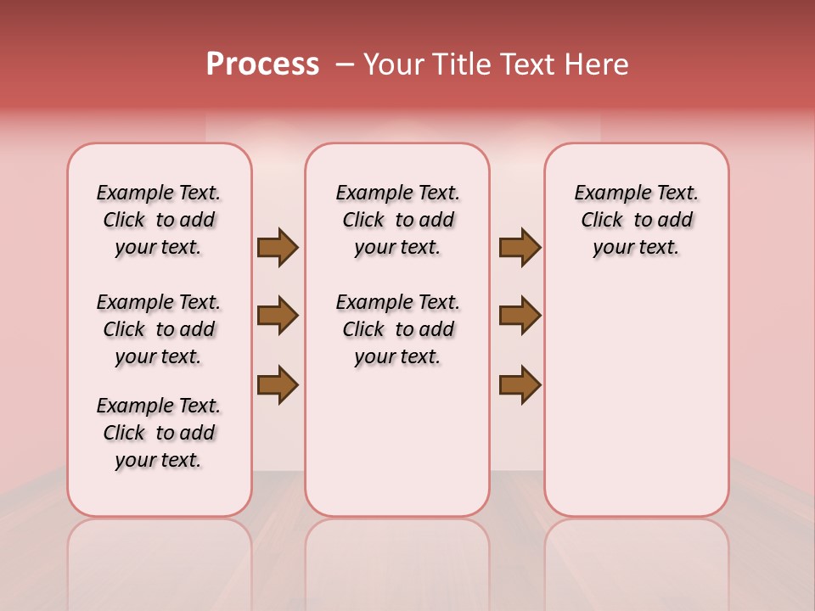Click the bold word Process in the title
[x=262, y=64]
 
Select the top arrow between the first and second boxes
[x=277, y=248]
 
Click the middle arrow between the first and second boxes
[x=277, y=316]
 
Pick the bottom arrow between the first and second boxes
[x=277, y=384]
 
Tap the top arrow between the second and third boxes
[x=520, y=248]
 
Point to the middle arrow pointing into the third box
[x=520, y=316]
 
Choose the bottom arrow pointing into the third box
[x=520, y=384]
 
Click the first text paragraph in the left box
[x=159, y=220]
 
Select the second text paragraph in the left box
[x=159, y=329]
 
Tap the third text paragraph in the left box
[x=159, y=433]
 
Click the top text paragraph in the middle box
[x=397, y=220]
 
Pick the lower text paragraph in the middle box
[x=397, y=329]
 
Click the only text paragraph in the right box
[x=636, y=220]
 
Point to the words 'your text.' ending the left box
[x=159, y=460]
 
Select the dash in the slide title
[x=345, y=64]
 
